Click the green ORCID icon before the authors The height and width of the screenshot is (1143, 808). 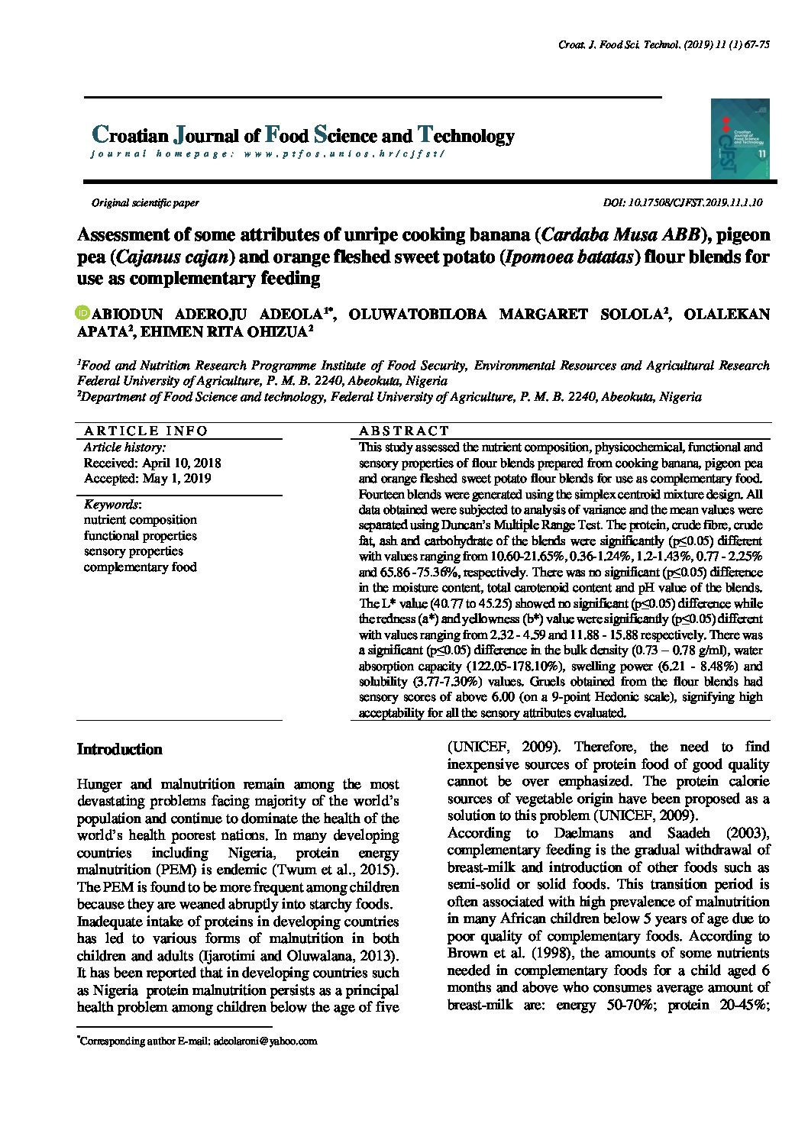point(83,313)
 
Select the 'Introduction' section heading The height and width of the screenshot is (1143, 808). point(119,749)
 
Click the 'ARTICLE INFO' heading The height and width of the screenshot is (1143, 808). point(145,431)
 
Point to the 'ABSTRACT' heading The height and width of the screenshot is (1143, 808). point(404,431)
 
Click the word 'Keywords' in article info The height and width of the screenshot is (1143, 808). point(112,505)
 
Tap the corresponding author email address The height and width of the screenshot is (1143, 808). point(265,1041)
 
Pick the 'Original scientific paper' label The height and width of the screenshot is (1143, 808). point(145,203)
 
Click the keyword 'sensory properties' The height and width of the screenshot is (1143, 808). point(133,551)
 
